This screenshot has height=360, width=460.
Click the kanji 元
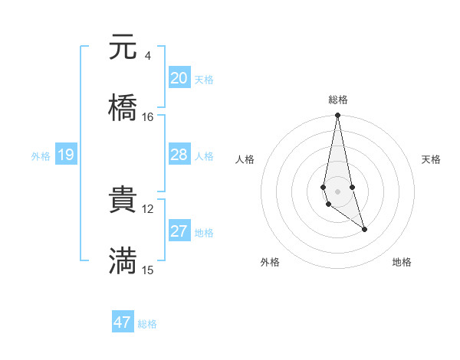123,47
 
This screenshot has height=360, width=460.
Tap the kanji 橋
123,106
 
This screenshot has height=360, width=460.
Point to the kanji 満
123,260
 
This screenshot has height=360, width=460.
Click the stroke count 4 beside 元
147,56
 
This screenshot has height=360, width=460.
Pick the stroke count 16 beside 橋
148,116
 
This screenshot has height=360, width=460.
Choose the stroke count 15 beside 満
148,270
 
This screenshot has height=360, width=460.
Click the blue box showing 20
179,78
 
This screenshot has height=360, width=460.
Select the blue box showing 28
179,155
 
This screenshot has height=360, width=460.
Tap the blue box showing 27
179,231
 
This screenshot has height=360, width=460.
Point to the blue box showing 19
66,155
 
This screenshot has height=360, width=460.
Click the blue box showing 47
123,322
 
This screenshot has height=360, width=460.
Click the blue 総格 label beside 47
147,324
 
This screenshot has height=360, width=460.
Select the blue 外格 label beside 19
41,156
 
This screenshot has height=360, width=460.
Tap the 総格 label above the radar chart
338,100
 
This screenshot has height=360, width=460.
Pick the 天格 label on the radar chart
432,159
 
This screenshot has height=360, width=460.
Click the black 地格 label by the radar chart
402,262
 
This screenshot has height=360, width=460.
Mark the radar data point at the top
337,116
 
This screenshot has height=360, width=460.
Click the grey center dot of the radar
337,190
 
